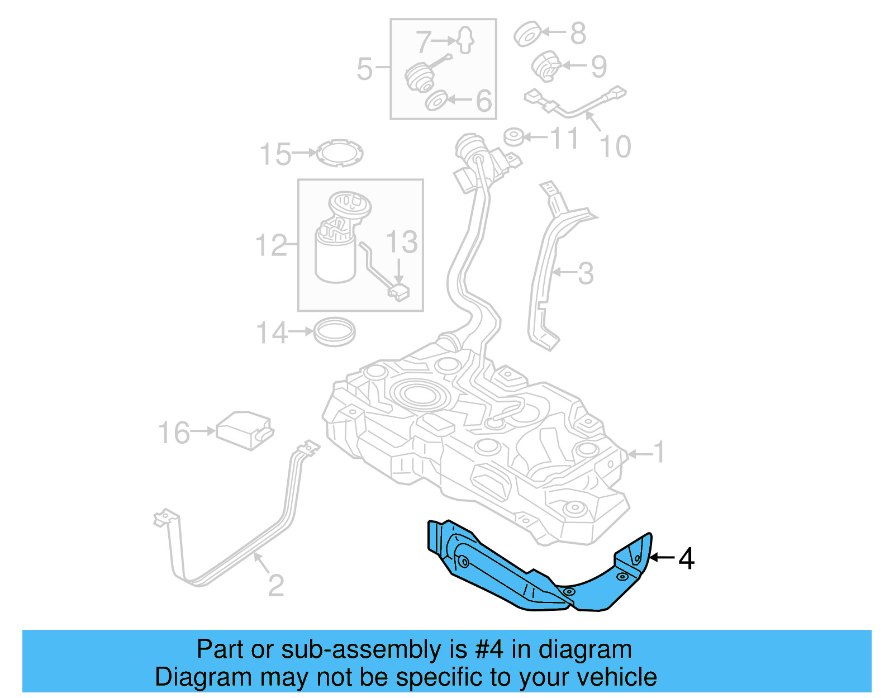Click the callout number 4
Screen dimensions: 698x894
pyautogui.click(x=687, y=558)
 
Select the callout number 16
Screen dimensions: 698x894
pyautogui.click(x=174, y=433)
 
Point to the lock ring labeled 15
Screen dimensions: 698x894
pyautogui.click(x=339, y=153)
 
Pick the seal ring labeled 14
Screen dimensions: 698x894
pyautogui.click(x=334, y=332)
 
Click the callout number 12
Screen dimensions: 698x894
pyautogui.click(x=271, y=245)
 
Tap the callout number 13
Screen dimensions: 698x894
pyautogui.click(x=401, y=242)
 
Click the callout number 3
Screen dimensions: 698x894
pyautogui.click(x=585, y=273)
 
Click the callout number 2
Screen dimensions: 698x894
pyautogui.click(x=275, y=585)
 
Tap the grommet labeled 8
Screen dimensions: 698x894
pyautogui.click(x=527, y=35)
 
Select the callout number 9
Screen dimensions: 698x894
pyautogui.click(x=598, y=67)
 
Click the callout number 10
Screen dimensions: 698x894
pyautogui.click(x=615, y=147)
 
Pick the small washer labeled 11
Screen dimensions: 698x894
pyautogui.click(x=514, y=137)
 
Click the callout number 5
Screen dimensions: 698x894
pyautogui.click(x=364, y=69)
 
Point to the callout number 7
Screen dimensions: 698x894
pyautogui.click(x=424, y=41)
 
